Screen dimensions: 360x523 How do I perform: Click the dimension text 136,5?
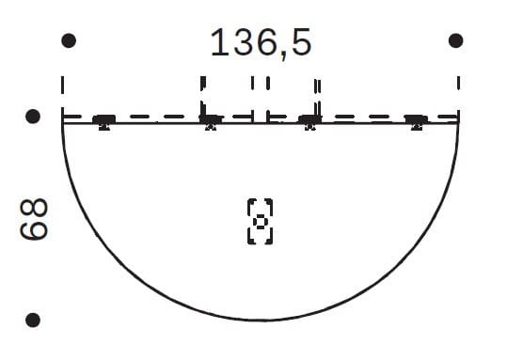click(x=261, y=43)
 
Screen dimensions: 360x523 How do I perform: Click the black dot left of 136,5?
click(x=67, y=40)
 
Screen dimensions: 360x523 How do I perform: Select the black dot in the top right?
click(x=456, y=40)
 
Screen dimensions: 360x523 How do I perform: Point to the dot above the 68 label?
click(x=33, y=117)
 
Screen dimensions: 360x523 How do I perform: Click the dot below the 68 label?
click(x=33, y=320)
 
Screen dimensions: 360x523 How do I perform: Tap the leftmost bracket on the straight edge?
click(x=103, y=122)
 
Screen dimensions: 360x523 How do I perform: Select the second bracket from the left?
click(x=210, y=122)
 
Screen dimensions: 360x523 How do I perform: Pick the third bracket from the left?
click(x=309, y=122)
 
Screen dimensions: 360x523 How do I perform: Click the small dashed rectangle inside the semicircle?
click(x=260, y=222)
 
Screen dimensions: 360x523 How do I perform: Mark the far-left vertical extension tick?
click(x=63, y=85)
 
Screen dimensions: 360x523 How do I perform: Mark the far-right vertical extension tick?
click(x=458, y=83)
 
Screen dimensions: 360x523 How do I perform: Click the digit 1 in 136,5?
click(x=217, y=43)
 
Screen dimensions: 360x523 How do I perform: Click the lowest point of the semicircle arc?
click(x=261, y=320)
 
